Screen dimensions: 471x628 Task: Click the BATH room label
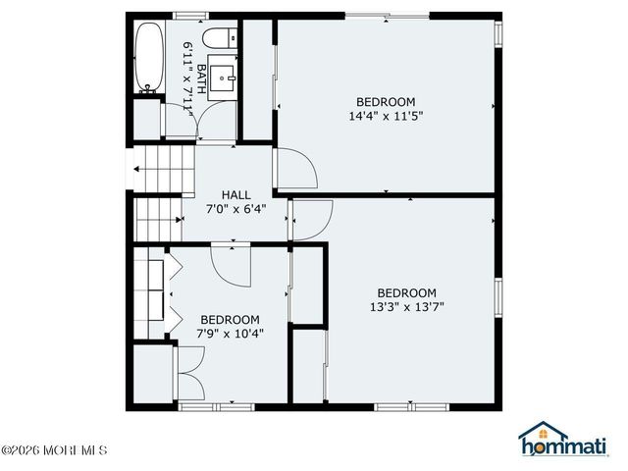(200, 78)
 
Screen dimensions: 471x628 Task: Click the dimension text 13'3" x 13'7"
(406, 307)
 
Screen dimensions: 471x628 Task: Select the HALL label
(235, 194)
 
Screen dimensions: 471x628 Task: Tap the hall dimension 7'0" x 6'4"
(235, 208)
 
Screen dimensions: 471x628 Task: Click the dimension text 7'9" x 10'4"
(230, 334)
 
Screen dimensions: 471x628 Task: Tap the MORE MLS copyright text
(54, 451)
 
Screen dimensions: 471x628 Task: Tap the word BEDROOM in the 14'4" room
(385, 102)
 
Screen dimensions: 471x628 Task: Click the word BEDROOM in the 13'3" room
(406, 292)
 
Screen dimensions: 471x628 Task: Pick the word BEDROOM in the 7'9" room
(230, 320)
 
